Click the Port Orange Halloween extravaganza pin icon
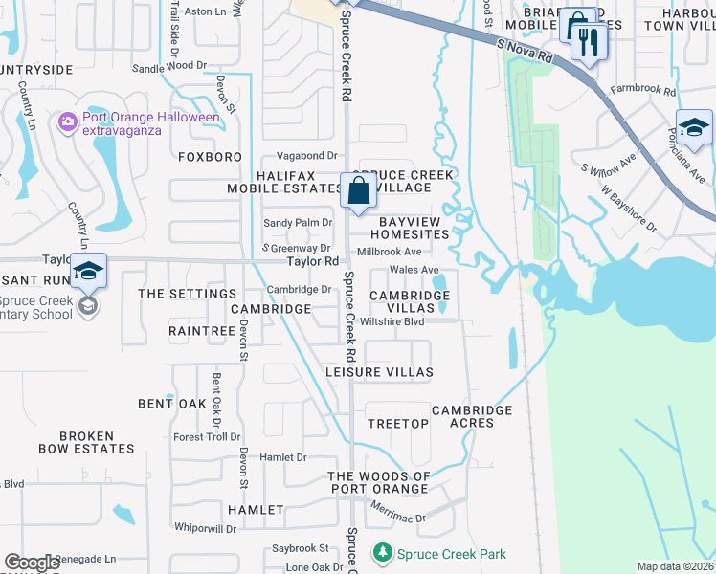67,121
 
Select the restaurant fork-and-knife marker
588,41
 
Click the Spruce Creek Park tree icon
383,553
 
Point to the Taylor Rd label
314,261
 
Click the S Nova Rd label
526,51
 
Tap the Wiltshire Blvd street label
392,321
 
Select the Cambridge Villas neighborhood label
410,302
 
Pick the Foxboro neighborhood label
210,155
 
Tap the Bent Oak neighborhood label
172,404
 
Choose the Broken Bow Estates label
86,442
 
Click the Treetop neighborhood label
398,423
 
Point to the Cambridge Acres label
472,416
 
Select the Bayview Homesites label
410,228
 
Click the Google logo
32,563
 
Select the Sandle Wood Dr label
169,67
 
